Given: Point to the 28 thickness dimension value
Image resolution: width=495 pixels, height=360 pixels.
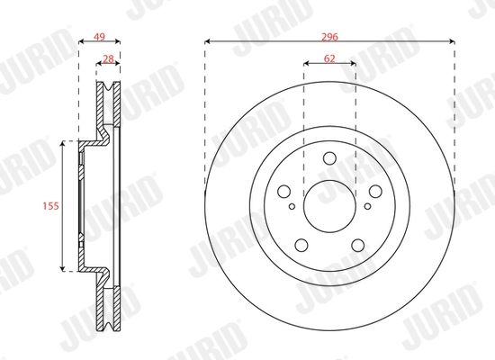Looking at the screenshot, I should (x=108, y=58).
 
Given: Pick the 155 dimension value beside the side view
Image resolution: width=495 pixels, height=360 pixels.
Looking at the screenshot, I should (x=52, y=205).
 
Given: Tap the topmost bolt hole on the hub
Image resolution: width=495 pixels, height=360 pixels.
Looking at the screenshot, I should (x=328, y=157).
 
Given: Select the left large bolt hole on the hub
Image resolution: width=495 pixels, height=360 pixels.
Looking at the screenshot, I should (x=284, y=191).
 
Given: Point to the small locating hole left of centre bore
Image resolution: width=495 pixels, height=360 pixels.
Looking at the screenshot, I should (x=297, y=204).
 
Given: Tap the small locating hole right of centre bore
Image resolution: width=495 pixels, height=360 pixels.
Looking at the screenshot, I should (x=360, y=204).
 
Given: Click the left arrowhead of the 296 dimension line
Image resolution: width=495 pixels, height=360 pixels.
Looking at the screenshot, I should (x=208, y=40).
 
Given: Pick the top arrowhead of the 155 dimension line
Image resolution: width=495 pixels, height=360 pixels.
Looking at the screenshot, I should (x=63, y=144).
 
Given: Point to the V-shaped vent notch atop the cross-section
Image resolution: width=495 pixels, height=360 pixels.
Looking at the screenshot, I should (x=108, y=89).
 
